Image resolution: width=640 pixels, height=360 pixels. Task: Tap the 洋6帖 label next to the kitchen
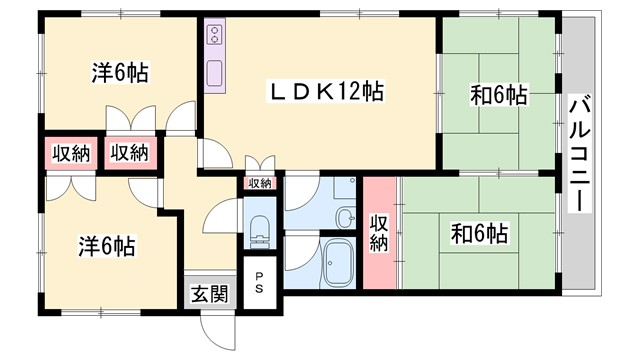tap(121, 73)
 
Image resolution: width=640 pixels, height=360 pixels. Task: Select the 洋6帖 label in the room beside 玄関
tap(107, 244)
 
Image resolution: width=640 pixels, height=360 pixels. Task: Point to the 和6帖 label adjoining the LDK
tap(499, 96)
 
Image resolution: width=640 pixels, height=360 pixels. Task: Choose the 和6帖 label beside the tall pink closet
tap(479, 235)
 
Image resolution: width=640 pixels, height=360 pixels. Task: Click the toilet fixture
tap(260, 228)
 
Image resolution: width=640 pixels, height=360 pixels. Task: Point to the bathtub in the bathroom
tap(336, 262)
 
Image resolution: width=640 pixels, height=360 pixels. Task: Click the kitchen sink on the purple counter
tap(214, 74)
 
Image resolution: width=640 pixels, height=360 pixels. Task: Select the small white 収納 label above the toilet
tap(260, 183)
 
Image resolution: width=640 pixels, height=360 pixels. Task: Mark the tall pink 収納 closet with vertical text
tap(379, 233)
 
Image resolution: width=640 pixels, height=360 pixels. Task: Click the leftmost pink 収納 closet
tap(68, 154)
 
